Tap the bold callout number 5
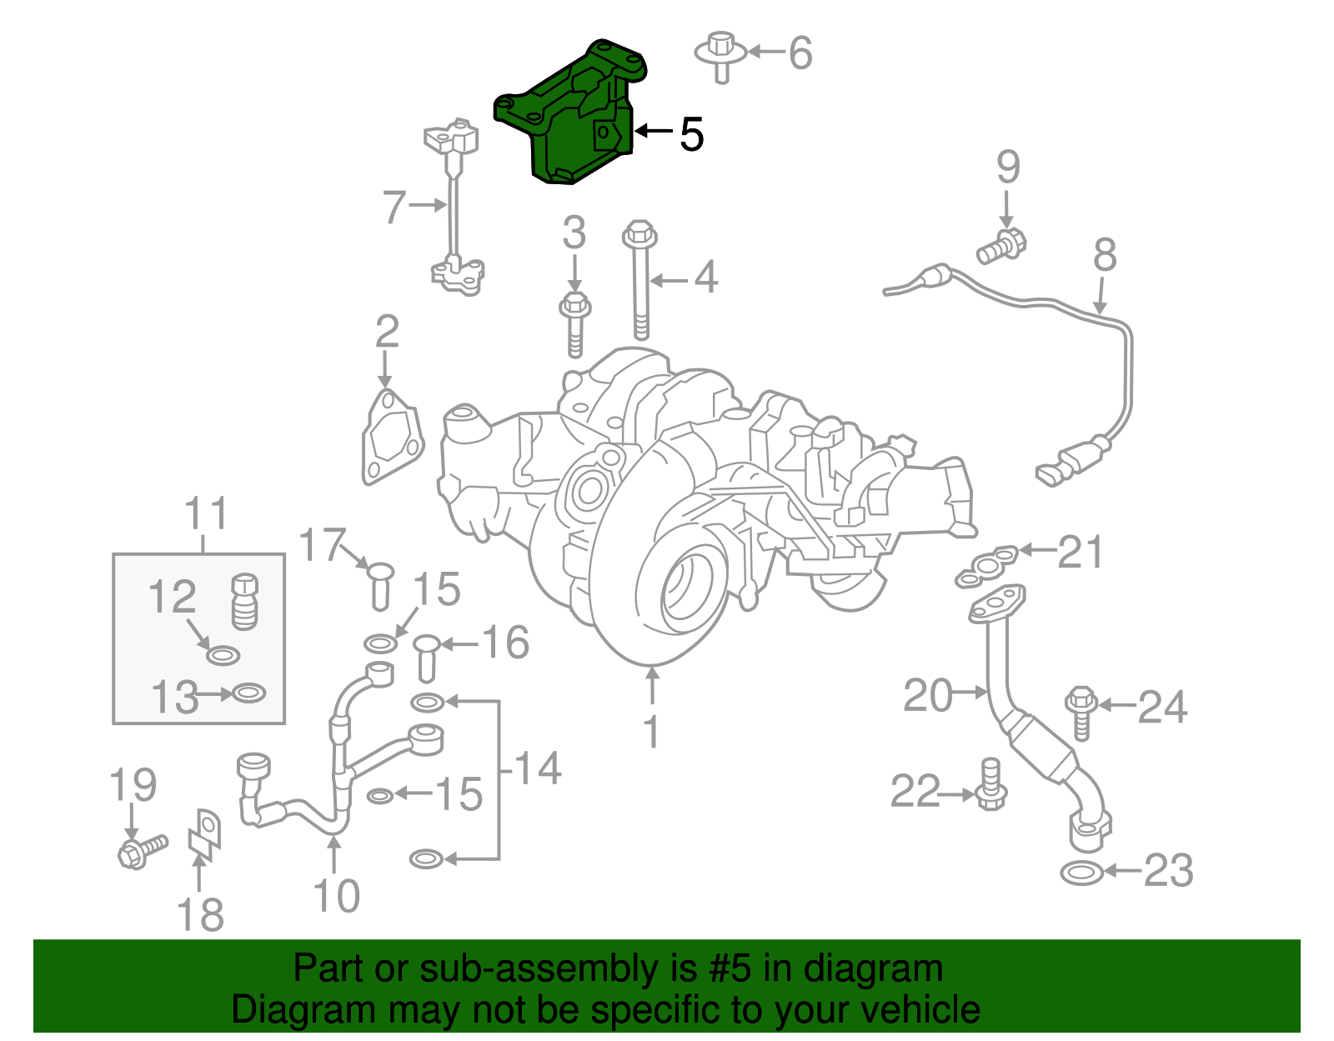click(x=691, y=133)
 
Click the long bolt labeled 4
click(x=640, y=283)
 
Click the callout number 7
click(x=394, y=206)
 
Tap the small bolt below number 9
click(x=1001, y=245)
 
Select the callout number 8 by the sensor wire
click(x=1104, y=255)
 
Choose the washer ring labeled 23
click(x=1082, y=873)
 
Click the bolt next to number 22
click(x=990, y=785)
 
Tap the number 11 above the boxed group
click(x=205, y=513)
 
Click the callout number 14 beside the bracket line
click(x=537, y=768)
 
